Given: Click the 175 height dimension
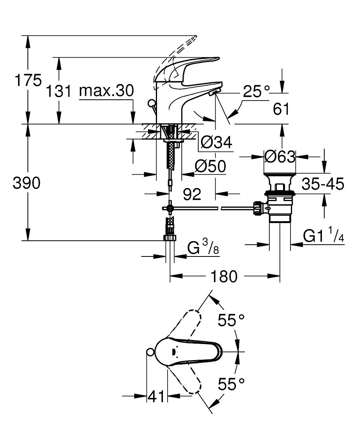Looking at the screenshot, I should (27, 81).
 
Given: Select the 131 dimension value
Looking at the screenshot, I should (59, 92).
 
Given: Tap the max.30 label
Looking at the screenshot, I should (106, 91).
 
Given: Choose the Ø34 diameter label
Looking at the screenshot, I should (216, 142).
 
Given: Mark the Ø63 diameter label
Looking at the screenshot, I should (280, 157).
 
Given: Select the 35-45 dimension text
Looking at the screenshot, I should (323, 183).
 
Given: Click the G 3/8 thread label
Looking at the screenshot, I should (203, 248).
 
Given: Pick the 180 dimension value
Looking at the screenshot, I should (224, 276).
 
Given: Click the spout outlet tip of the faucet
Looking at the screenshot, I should (216, 93).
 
